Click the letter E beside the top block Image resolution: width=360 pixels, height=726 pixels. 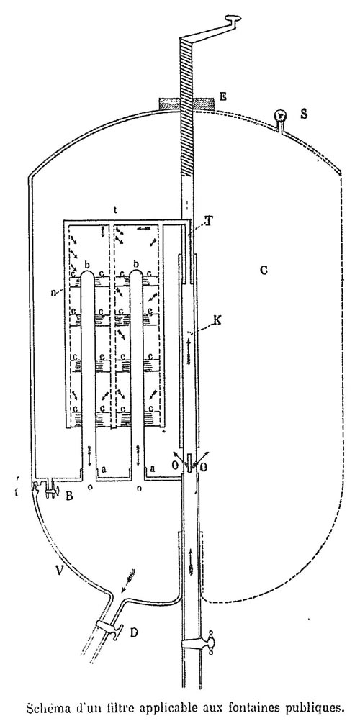pos(223,96)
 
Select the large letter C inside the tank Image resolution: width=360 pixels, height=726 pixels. pos(264,270)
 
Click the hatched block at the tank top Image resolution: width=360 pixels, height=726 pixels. pos(186,104)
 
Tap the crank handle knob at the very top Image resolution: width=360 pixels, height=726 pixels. pos(232,19)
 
